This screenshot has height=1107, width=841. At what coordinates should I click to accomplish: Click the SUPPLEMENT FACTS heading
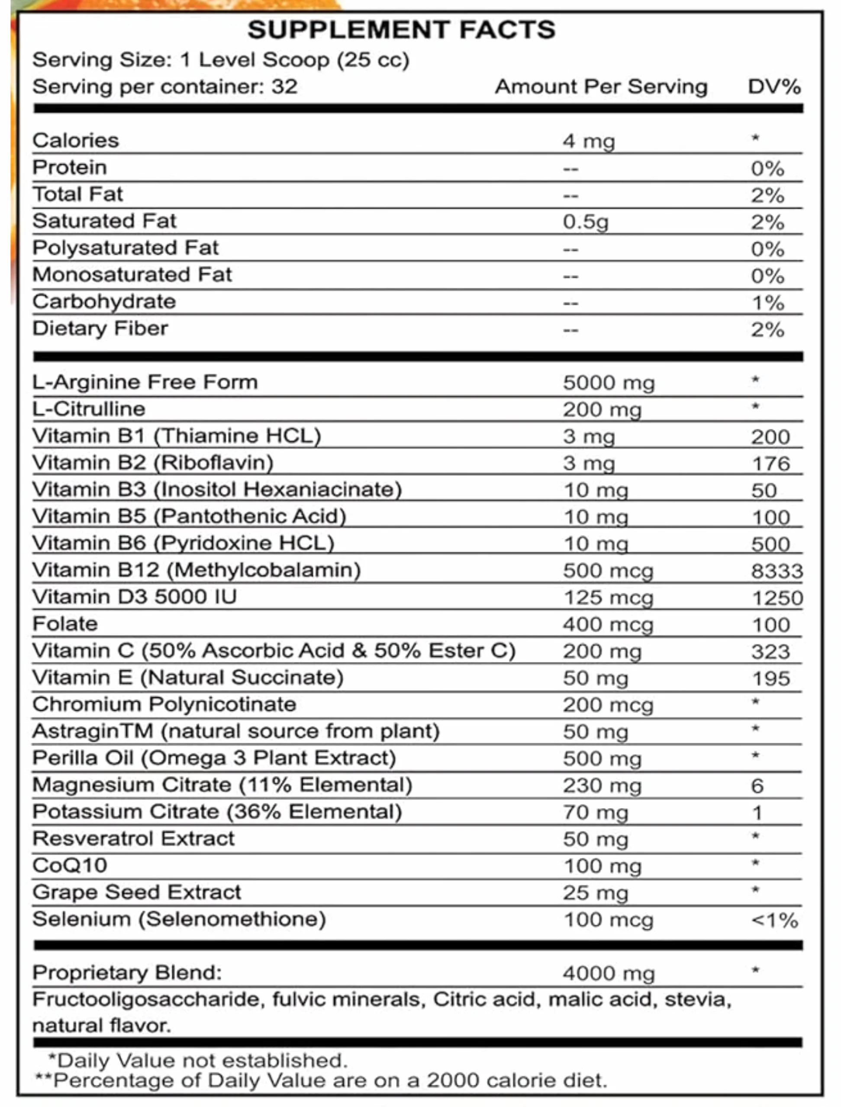pos(401,30)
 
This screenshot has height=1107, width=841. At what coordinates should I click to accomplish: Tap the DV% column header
pos(774,87)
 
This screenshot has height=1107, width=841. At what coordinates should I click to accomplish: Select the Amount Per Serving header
pos(601,87)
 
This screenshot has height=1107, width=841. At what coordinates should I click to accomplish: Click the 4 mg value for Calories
pos(589,141)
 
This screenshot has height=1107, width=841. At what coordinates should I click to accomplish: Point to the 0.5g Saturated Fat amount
pos(586,222)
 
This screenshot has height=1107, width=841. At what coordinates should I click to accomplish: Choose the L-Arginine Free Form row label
pos(145,382)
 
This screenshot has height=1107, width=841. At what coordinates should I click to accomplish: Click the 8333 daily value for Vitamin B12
pos(777,571)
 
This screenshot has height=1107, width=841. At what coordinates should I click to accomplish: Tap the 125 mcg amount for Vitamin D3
pos(608,598)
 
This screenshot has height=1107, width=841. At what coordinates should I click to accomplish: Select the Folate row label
pos(65,624)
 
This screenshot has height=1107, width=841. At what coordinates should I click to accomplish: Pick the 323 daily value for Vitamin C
pos(770,652)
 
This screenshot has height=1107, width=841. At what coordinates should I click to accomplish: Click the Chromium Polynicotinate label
pos(164,705)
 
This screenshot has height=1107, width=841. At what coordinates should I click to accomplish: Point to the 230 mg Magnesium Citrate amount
pos(602,786)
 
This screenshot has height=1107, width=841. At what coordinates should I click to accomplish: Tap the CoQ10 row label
pos(70,866)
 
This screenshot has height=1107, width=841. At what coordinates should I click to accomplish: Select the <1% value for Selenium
pos(774,920)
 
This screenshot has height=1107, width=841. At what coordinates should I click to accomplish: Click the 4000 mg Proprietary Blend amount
pos(608,974)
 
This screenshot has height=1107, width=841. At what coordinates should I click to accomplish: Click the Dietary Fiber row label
pos(100,329)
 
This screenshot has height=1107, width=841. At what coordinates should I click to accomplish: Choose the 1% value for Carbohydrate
pos(767,303)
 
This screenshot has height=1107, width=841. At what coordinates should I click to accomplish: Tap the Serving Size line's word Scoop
pos(296,60)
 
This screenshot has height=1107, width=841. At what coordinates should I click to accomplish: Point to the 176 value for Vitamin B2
pos(770,464)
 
